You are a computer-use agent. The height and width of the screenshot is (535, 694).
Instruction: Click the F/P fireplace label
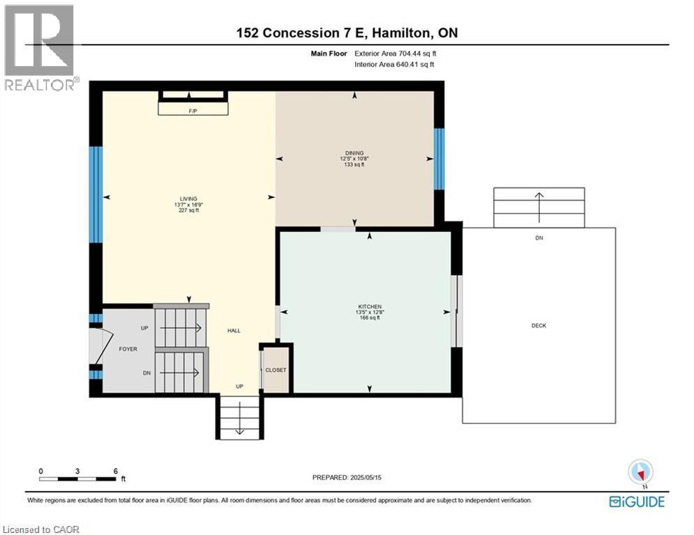(x=193, y=111)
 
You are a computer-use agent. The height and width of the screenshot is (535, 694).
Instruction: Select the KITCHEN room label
(x=370, y=307)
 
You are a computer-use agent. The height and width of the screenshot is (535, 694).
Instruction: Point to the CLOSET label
(x=276, y=370)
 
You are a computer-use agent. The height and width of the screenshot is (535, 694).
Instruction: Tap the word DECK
(x=538, y=325)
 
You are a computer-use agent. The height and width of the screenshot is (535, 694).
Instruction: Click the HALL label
(x=234, y=330)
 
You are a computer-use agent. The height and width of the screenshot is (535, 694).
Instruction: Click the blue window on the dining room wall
(x=439, y=159)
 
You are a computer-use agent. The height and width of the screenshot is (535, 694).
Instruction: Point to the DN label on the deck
(x=539, y=238)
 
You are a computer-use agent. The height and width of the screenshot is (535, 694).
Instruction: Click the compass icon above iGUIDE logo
(x=639, y=472)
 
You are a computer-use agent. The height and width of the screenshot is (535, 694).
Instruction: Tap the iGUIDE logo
(x=636, y=501)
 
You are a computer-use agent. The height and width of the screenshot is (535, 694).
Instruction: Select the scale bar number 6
(x=115, y=471)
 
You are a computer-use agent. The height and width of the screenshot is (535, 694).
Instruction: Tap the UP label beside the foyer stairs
(x=144, y=327)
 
